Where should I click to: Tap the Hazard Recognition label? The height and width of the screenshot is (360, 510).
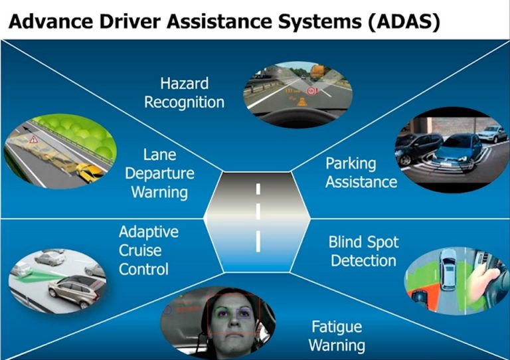[184, 92]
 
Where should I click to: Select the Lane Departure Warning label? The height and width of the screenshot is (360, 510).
[169, 173]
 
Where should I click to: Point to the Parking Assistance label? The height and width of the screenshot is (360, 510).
[361, 172]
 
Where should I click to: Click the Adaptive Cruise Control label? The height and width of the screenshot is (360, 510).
[149, 250]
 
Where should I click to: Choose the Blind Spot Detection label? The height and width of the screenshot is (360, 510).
[364, 250]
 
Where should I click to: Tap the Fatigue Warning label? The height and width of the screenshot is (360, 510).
[337, 336]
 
